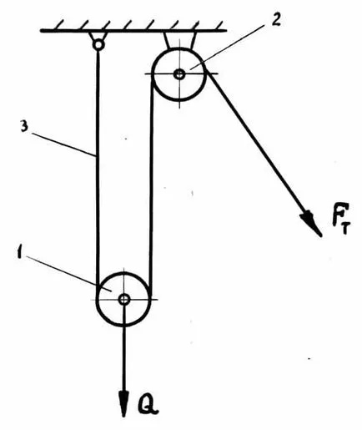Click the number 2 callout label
pyautogui.click(x=275, y=18)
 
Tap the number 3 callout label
pyautogui.click(x=24, y=127)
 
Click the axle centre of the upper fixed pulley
pyautogui.click(x=179, y=74)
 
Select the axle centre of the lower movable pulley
pyautogui.click(x=123, y=300)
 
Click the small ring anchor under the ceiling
pyautogui.click(x=98, y=44)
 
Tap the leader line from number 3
pyautogui.click(x=63, y=144)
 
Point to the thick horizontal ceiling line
pyautogui.click(x=133, y=30)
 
